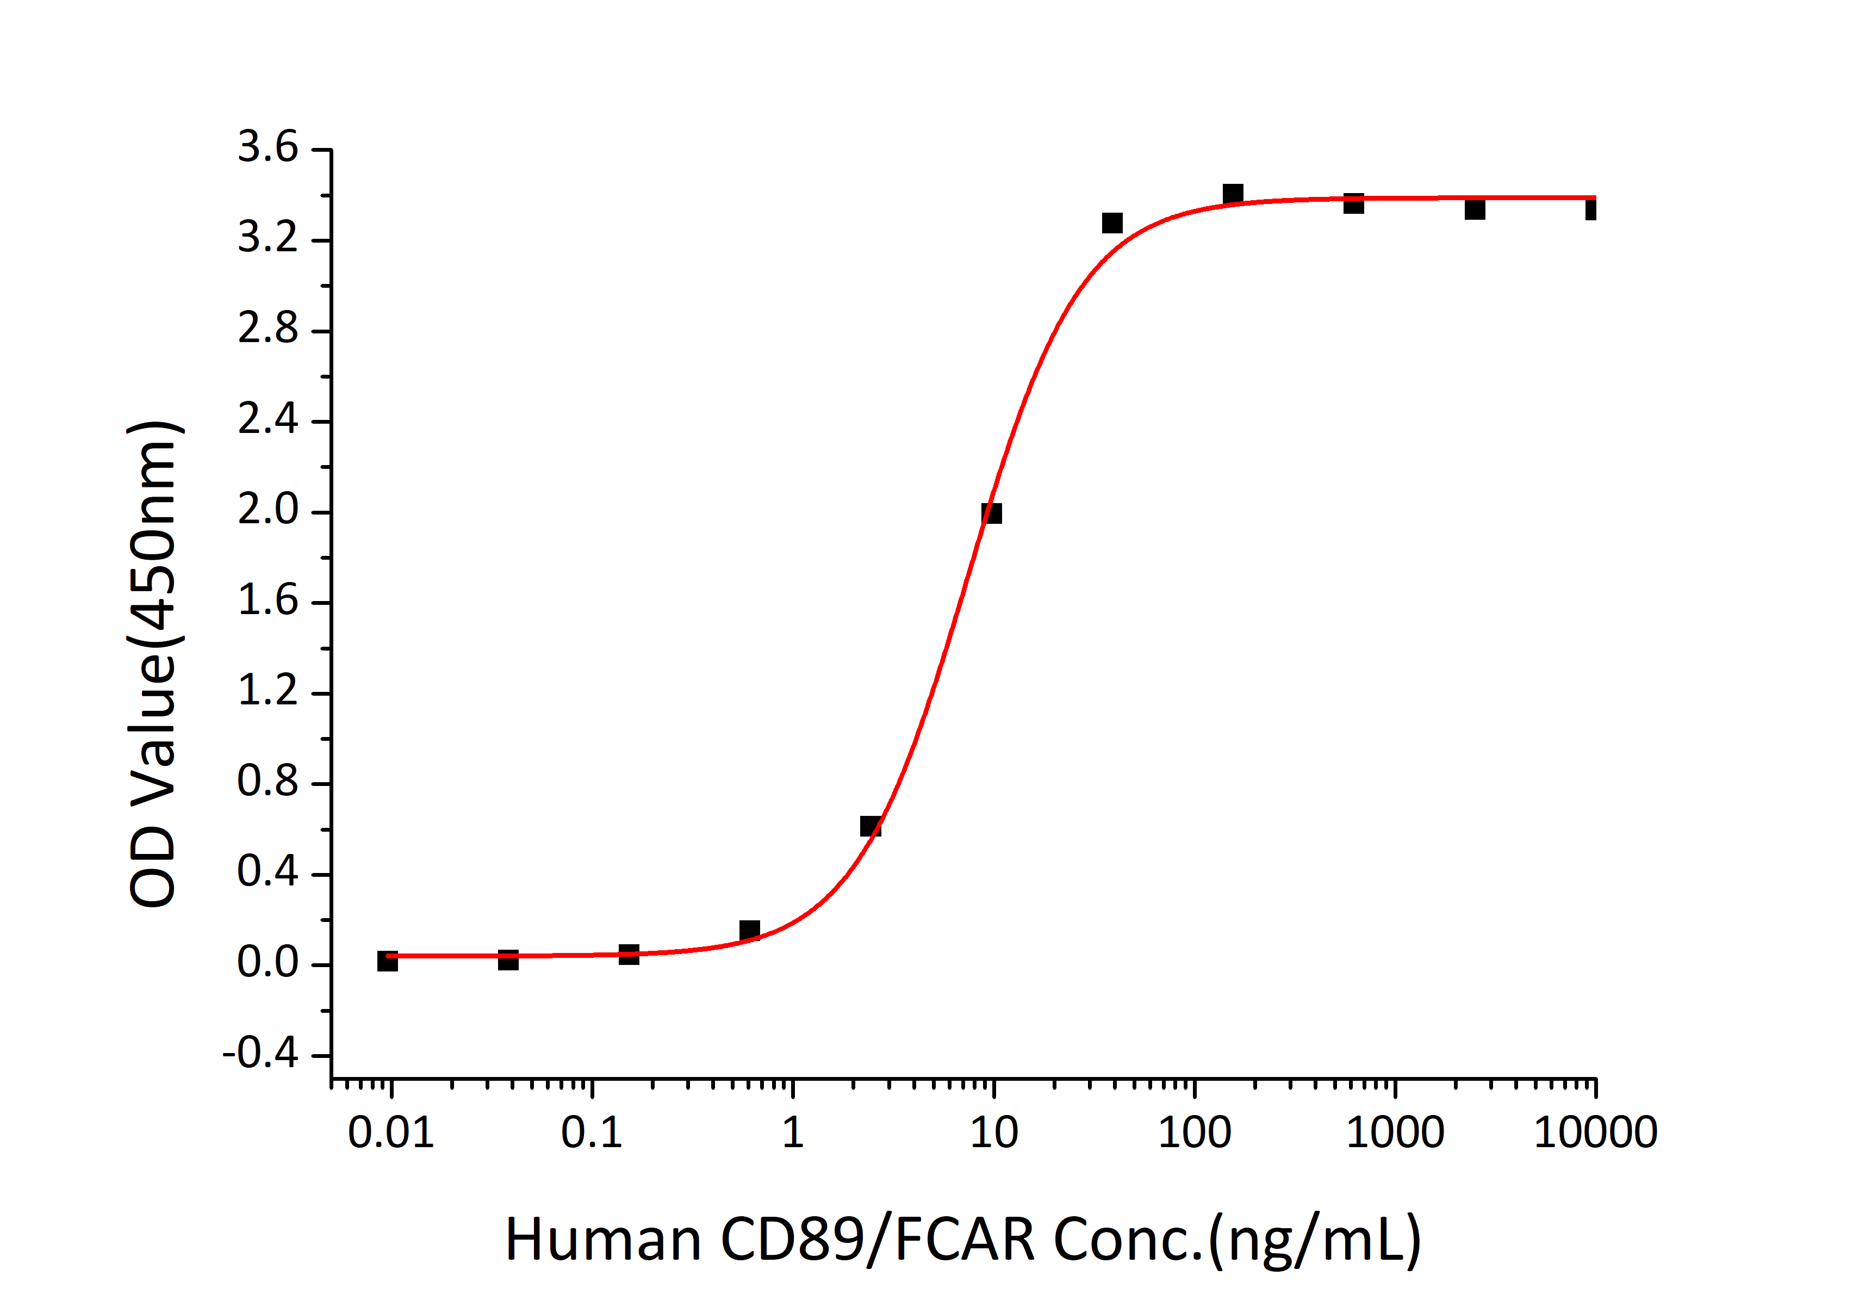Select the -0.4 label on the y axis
260,1054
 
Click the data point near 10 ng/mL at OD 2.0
991,513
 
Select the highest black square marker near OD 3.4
1233,194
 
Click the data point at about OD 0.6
870,826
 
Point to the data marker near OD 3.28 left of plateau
1112,223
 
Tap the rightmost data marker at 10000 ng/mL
1591,210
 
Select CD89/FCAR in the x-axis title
877,1240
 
